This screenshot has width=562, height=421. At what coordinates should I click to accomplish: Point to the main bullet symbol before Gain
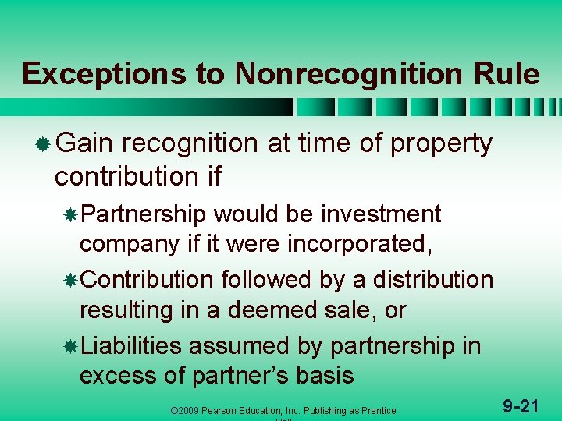44,144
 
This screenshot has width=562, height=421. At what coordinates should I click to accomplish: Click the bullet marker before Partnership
70,214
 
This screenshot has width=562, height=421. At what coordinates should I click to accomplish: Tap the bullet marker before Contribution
70,280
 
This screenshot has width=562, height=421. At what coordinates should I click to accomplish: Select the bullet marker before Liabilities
70,345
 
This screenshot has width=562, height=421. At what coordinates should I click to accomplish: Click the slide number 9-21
521,405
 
